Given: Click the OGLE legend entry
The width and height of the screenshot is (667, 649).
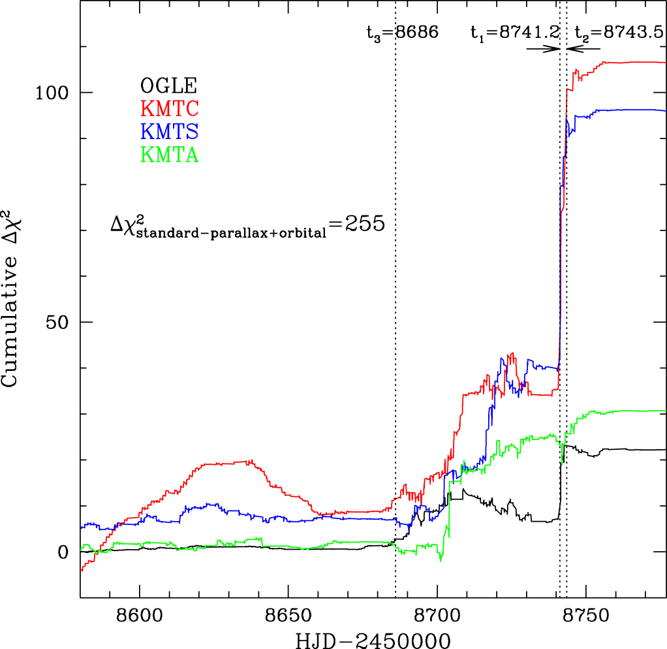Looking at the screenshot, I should tap(168, 86).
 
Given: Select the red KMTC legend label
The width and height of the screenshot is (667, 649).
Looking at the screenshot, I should tap(168, 108).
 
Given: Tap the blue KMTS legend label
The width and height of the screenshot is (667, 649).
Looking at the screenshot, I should tap(168, 132).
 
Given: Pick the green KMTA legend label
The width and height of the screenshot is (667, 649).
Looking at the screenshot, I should tap(168, 155).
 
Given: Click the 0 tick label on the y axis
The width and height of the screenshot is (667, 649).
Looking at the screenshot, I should tap(63, 552).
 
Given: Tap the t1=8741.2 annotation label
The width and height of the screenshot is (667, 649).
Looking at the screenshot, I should tap(514, 32).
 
